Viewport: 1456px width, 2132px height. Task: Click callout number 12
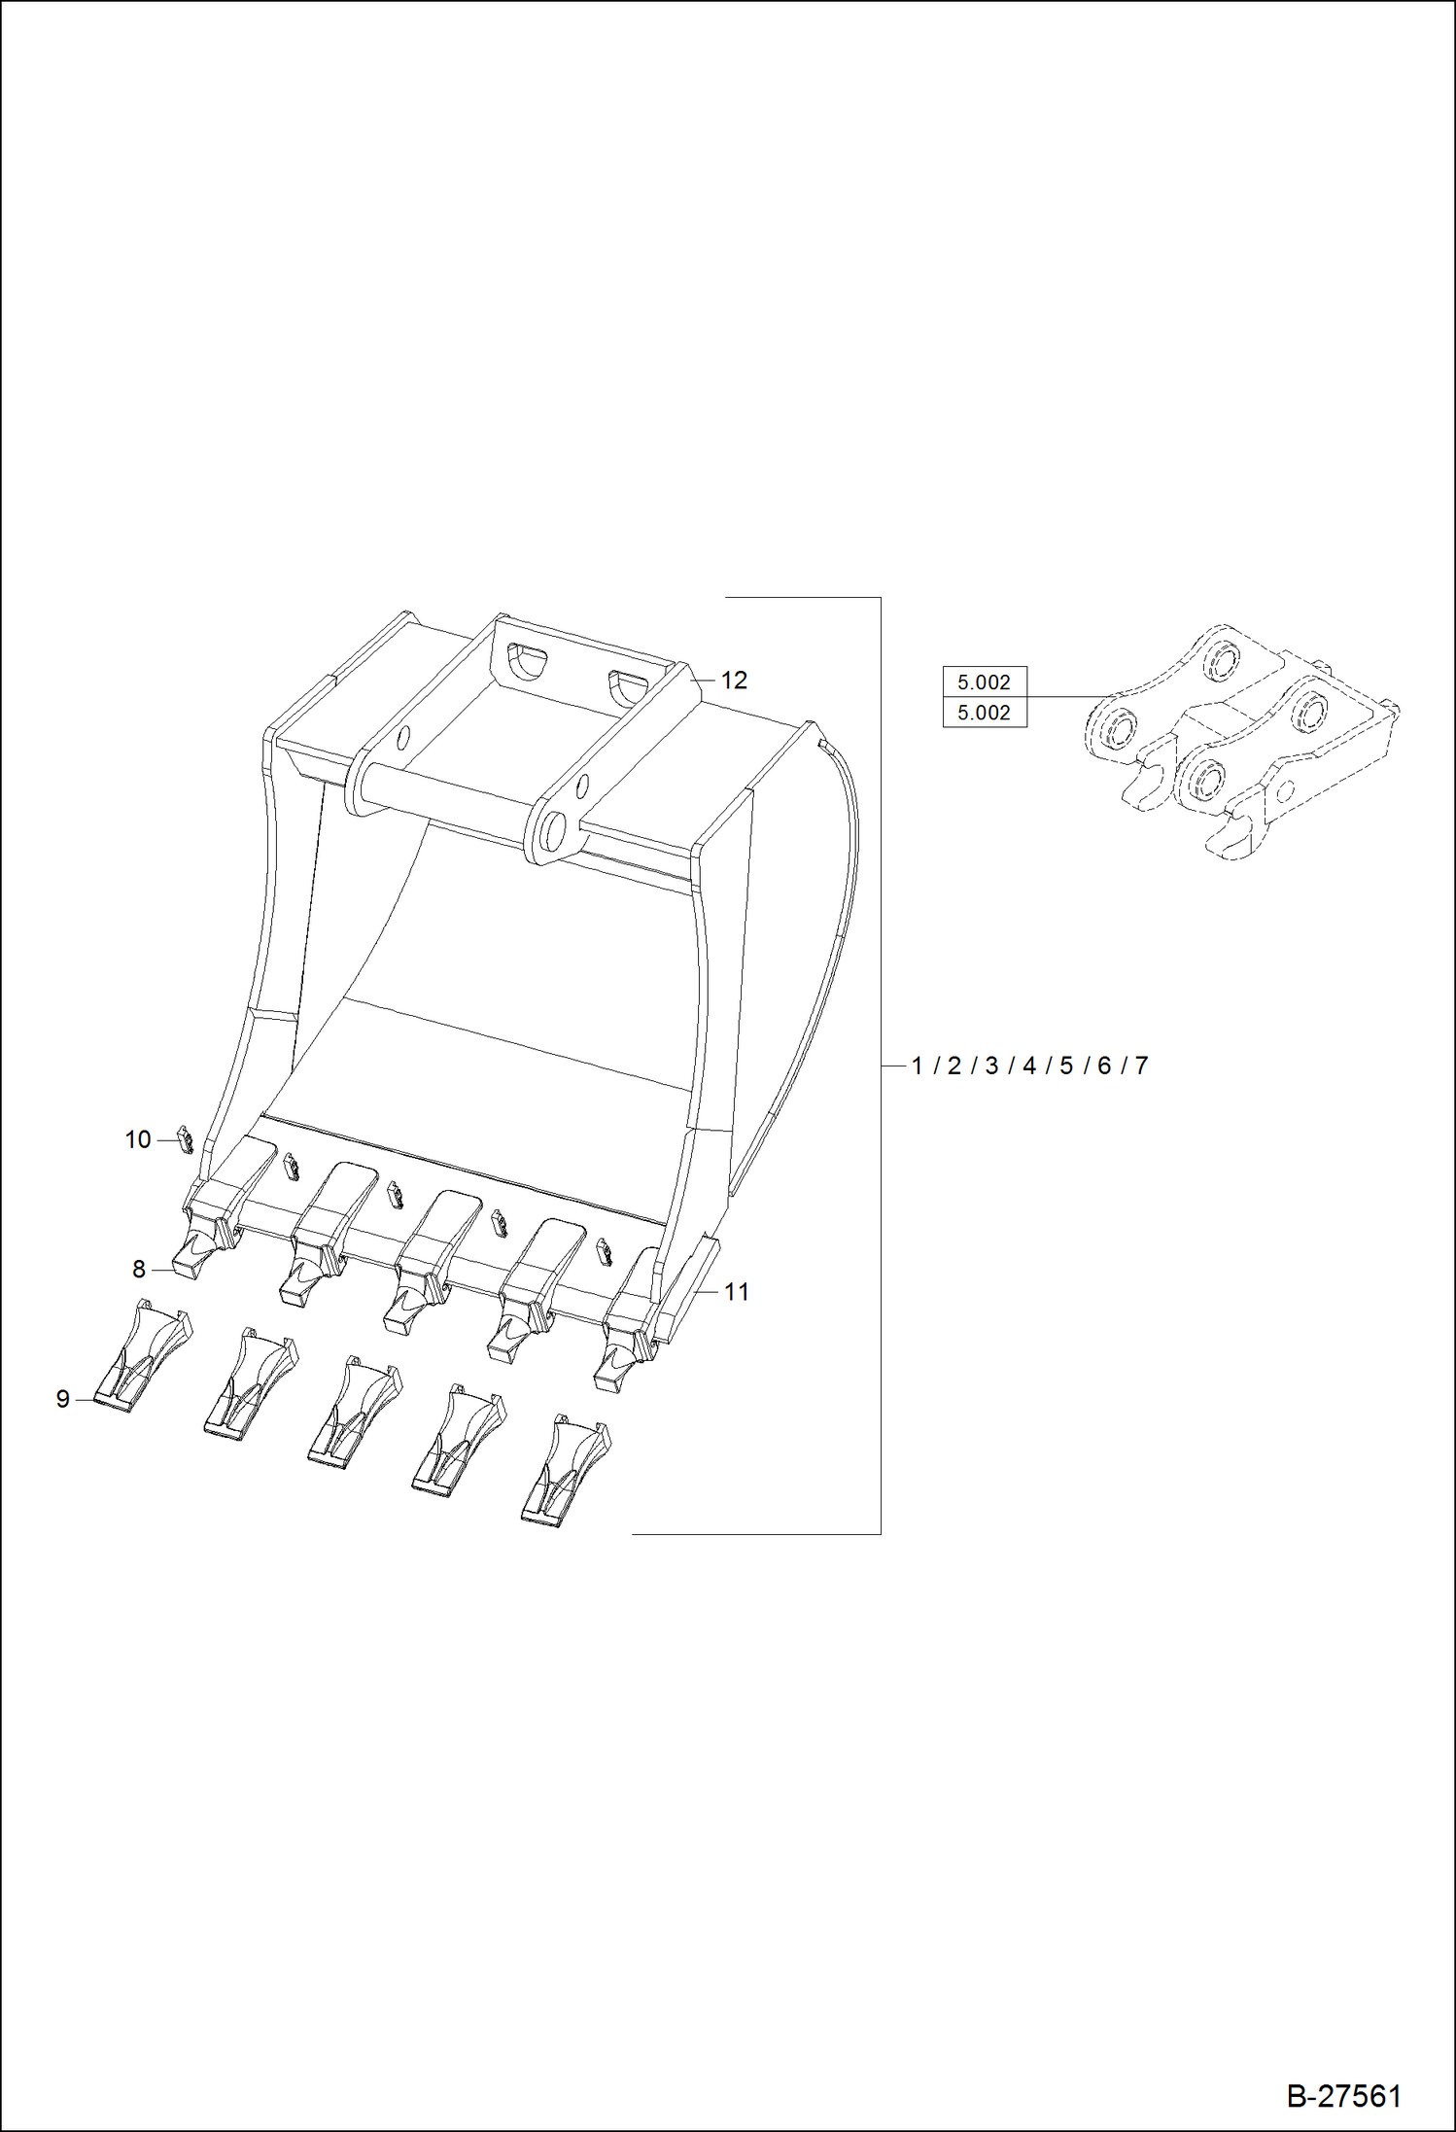click(734, 681)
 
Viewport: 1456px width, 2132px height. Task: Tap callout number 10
click(138, 1139)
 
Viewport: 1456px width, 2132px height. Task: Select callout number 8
click(139, 1269)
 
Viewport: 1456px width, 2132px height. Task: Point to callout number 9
click(63, 1399)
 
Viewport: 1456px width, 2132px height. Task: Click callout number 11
click(737, 1292)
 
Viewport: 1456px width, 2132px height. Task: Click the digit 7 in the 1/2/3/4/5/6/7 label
click(1141, 1066)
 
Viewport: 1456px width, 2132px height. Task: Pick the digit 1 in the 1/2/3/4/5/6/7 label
click(917, 1066)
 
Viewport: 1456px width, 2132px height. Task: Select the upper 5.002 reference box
click(984, 682)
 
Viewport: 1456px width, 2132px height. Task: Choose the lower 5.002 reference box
click(984, 713)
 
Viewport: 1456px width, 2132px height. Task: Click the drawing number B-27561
click(1344, 2096)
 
